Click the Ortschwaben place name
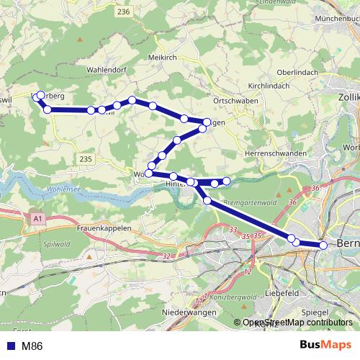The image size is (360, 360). click(x=233, y=102)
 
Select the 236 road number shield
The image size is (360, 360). click(x=123, y=12)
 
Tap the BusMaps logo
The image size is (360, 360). click(x=325, y=346)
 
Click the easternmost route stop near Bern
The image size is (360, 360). click(x=323, y=246)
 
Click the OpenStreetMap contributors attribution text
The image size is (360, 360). click(x=298, y=323)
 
